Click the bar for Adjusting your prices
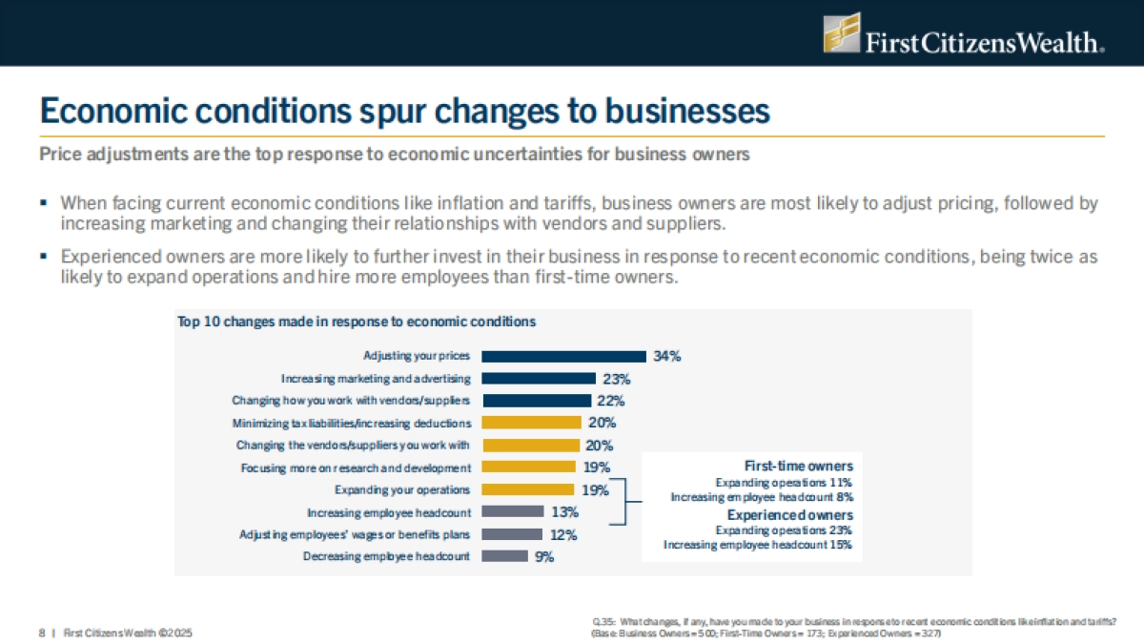tap(563, 356)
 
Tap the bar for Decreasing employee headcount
tap(504, 556)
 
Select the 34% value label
tap(666, 356)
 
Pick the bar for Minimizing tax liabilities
tap(531, 423)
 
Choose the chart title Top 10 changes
tap(357, 322)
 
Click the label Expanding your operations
tap(402, 489)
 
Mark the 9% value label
tap(544, 556)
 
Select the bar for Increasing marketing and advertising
tap(539, 379)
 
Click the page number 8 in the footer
tap(42, 632)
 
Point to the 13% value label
tap(564, 512)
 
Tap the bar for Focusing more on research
tap(529, 467)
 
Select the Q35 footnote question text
tap(854, 622)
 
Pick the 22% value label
tap(610, 401)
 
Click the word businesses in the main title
tap(674, 111)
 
